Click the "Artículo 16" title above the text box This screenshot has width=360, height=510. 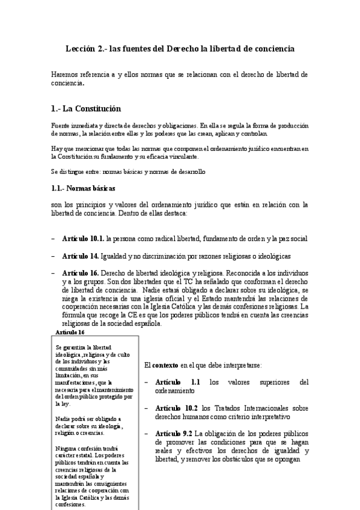70,332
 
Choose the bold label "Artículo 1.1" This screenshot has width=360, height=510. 178,382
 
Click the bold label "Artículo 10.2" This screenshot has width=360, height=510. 180,408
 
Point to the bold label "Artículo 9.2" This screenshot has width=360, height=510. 174,434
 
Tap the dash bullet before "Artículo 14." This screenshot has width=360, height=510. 53,256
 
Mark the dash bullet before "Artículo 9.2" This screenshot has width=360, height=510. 148,434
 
